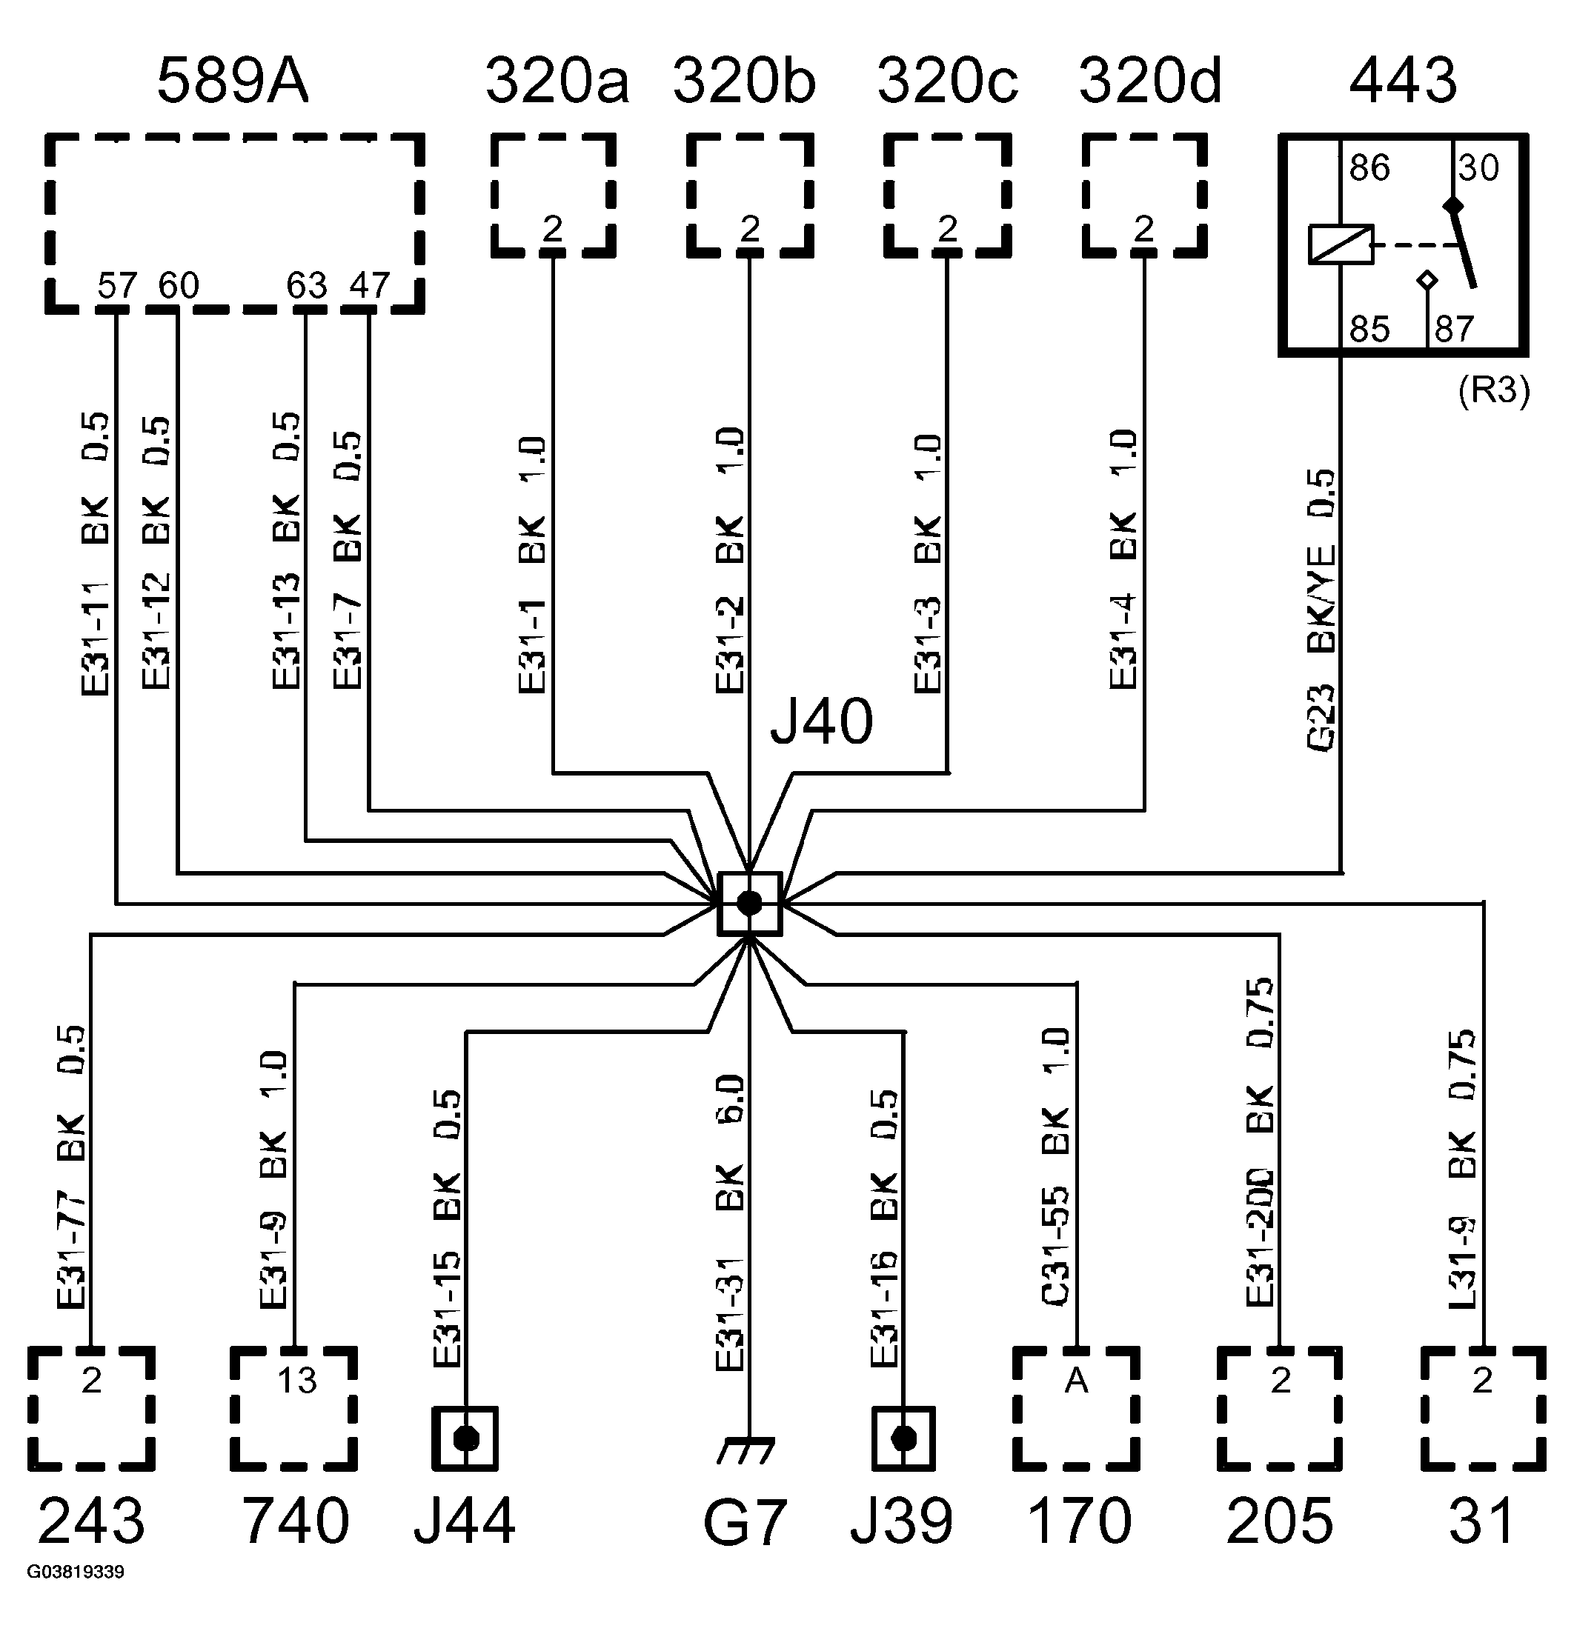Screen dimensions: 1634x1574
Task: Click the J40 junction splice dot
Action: [749, 903]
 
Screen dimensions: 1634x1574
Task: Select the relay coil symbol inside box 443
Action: [1341, 245]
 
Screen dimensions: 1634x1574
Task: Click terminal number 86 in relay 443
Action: [1369, 168]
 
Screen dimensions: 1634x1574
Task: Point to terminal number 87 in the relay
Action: [1454, 330]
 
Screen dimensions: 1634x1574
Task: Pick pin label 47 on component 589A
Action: [369, 286]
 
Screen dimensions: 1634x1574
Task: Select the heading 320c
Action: [948, 81]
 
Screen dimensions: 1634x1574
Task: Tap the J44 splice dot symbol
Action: [465, 1439]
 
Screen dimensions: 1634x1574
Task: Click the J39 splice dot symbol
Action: [903, 1439]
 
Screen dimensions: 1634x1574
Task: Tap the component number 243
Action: [91, 1521]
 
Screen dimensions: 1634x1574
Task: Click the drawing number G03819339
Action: [76, 1573]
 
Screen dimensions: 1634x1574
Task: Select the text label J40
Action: [821, 722]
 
